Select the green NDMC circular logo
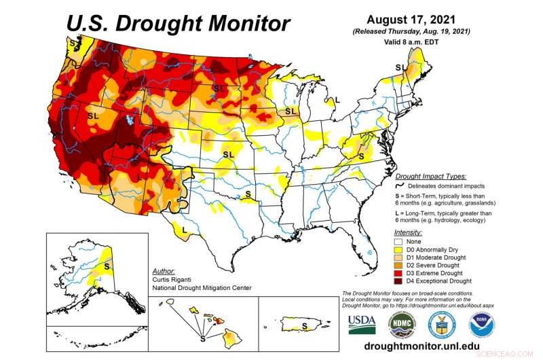(402, 325)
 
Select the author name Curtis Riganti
(175, 279)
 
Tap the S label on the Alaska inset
(106, 266)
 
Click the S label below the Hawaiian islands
(202, 337)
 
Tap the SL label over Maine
(401, 67)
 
